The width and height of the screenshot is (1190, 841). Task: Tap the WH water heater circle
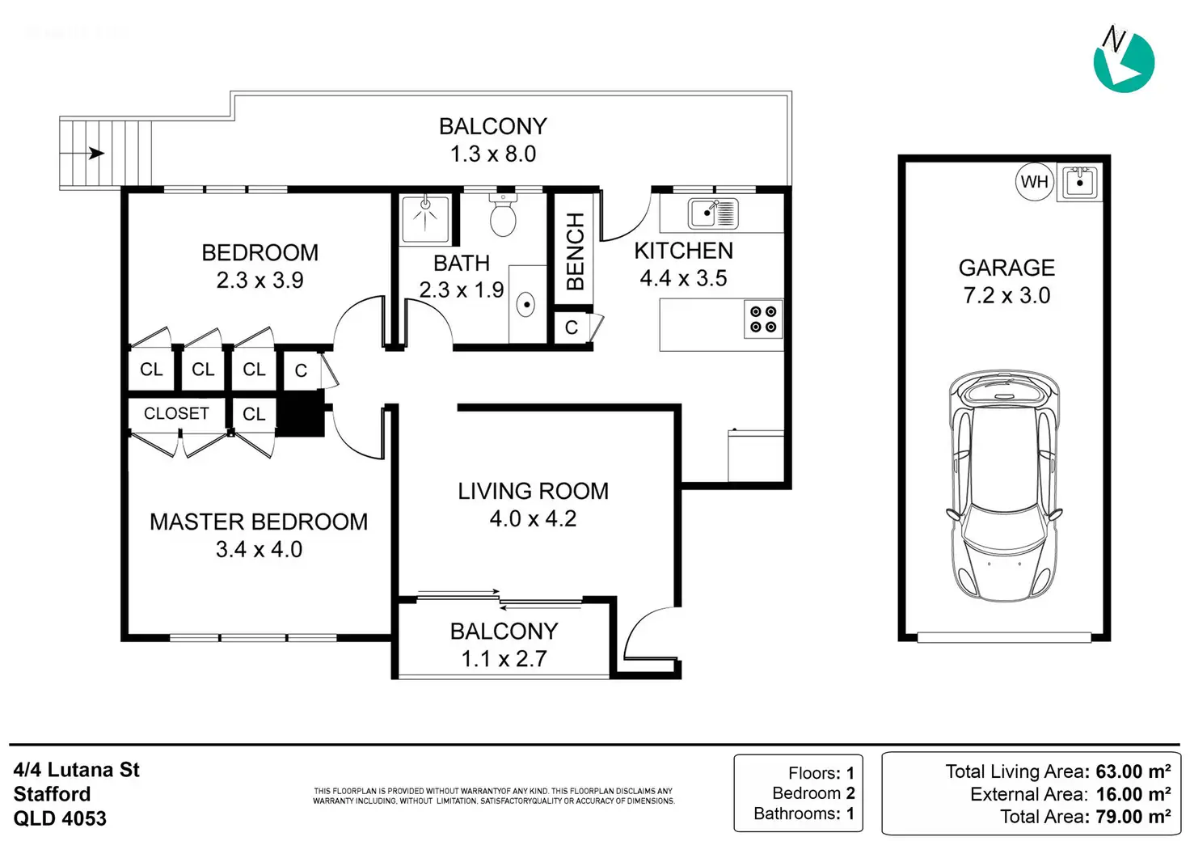[x=1034, y=182]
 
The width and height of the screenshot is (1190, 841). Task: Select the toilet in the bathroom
[x=503, y=214]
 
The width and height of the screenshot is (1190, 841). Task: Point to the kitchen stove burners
[x=763, y=319]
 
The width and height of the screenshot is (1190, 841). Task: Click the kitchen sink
[x=713, y=213]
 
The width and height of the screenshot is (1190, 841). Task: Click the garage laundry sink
[x=1079, y=182]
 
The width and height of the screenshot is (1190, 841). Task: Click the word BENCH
[x=576, y=251]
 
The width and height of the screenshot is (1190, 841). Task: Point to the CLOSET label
[x=176, y=413]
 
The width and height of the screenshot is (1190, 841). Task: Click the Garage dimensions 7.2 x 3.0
[x=1006, y=295]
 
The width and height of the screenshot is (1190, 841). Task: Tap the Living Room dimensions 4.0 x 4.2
[x=533, y=518]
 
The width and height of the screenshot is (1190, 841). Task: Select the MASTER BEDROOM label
[x=259, y=522]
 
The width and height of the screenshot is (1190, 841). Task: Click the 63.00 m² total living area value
[x=1129, y=771]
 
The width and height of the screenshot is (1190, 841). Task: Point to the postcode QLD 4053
[x=60, y=818]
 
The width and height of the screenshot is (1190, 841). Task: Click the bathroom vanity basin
[x=525, y=304]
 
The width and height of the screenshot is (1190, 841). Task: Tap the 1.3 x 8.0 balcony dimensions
[x=493, y=154]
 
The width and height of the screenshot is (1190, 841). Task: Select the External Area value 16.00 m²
[x=1133, y=794]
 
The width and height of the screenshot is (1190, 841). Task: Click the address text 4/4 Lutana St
[x=77, y=770]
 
